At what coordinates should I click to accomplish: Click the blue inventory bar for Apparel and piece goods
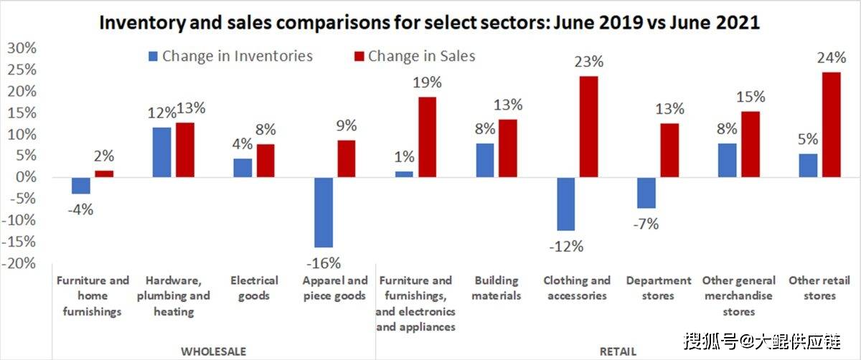pyautogui.click(x=323, y=212)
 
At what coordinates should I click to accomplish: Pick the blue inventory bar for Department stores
pyautogui.click(x=646, y=192)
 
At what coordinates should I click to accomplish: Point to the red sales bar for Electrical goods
pyautogui.click(x=265, y=160)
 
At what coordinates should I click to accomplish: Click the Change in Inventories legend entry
pyautogui.click(x=230, y=56)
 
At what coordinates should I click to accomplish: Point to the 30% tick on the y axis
pyautogui.click(x=21, y=48)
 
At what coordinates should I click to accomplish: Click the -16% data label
pyautogui.click(x=323, y=262)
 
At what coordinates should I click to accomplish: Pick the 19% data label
pyautogui.click(x=428, y=83)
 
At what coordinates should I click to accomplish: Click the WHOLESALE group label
pyautogui.click(x=214, y=351)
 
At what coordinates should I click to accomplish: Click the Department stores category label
pyautogui.click(x=659, y=288)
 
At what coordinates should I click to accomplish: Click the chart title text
pyautogui.click(x=429, y=22)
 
